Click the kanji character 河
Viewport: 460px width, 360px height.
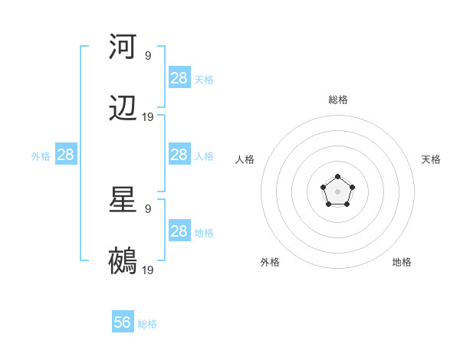(x=123, y=46)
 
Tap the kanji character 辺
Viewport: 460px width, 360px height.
(x=123, y=109)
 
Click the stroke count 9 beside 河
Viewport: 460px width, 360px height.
(x=148, y=55)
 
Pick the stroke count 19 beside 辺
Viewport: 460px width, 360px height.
(x=148, y=117)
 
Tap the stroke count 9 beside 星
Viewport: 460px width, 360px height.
(x=148, y=208)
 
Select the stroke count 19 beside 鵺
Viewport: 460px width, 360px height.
(x=148, y=270)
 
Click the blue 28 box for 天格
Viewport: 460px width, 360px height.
(x=179, y=78)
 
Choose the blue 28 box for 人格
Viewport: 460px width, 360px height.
(x=179, y=155)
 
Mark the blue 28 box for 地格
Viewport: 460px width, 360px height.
(x=179, y=231)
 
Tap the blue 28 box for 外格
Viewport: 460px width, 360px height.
(x=66, y=155)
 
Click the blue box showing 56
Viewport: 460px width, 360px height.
(x=123, y=322)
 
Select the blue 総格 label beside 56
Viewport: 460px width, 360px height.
(x=147, y=324)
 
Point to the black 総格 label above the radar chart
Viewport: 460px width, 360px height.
(x=337, y=100)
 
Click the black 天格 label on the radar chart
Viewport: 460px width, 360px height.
(x=431, y=159)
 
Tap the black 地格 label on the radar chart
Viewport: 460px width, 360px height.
(x=402, y=262)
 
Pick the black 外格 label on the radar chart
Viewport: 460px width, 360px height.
(x=270, y=262)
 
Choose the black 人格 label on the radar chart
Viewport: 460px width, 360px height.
(x=245, y=159)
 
